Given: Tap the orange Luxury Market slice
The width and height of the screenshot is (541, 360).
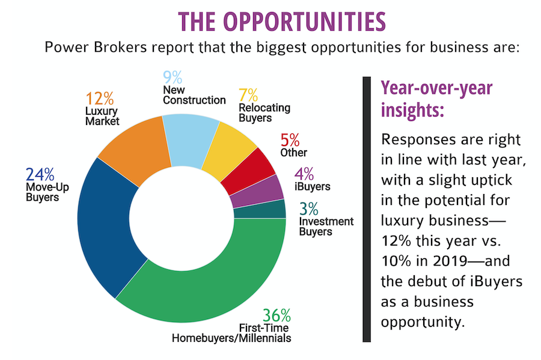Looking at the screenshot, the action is click(x=136, y=148).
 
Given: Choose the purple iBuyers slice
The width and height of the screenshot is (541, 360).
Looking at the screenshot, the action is click(x=258, y=192).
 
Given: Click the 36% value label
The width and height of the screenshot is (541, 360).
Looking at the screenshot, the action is click(x=277, y=315).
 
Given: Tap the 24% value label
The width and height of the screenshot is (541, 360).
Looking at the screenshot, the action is click(x=40, y=174).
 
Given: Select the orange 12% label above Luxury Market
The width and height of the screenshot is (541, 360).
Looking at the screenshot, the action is click(x=99, y=99).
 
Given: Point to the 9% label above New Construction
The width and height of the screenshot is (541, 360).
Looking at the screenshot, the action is click(x=172, y=78).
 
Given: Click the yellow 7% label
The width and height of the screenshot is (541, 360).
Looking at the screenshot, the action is click(x=248, y=95).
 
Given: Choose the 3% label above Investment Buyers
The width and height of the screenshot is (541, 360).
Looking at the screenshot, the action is click(x=309, y=209).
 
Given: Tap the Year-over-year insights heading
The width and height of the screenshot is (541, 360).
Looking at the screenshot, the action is click(x=436, y=99).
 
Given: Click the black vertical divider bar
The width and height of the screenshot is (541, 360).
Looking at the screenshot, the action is click(x=367, y=209).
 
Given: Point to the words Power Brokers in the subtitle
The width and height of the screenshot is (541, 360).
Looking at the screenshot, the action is click(x=96, y=47).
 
